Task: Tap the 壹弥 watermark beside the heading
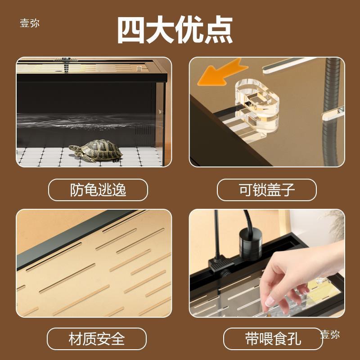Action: (x=29, y=23)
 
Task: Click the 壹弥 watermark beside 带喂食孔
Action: (x=330, y=334)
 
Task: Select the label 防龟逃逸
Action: (x=98, y=190)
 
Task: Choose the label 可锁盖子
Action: (x=267, y=190)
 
